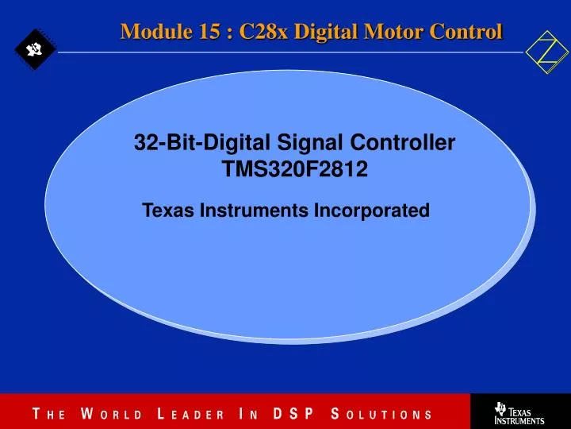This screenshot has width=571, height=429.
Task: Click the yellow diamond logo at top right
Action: (547, 52)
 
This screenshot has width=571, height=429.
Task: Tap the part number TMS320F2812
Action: (294, 169)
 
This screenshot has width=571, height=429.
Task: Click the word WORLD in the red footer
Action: (111, 414)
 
